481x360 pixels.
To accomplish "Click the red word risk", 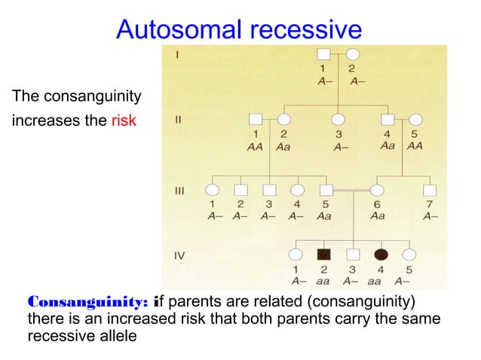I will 123,120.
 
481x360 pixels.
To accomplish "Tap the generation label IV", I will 179,256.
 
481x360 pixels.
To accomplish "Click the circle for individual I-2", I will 351,54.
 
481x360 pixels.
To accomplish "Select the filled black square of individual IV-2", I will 324,255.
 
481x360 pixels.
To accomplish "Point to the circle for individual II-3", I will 339,119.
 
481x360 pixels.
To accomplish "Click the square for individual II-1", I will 256,119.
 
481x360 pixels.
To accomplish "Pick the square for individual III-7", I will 430,190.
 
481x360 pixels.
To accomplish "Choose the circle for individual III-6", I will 376,190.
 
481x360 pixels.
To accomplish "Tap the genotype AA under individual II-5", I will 415,147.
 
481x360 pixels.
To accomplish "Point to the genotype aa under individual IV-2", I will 324,280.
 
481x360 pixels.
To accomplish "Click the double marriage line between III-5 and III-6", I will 351,191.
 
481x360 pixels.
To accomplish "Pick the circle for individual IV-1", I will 296,255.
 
